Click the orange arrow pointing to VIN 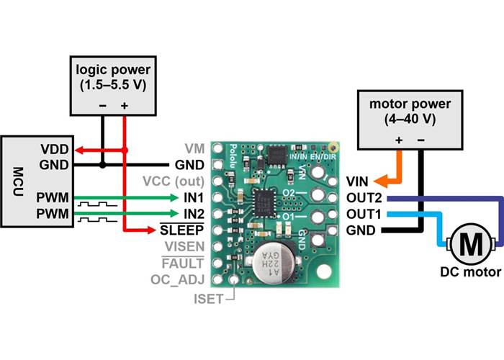(388, 180)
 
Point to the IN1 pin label (194, 197)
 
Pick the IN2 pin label (194, 213)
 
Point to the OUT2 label (363, 197)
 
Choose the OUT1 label (363, 214)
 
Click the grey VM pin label (196, 148)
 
